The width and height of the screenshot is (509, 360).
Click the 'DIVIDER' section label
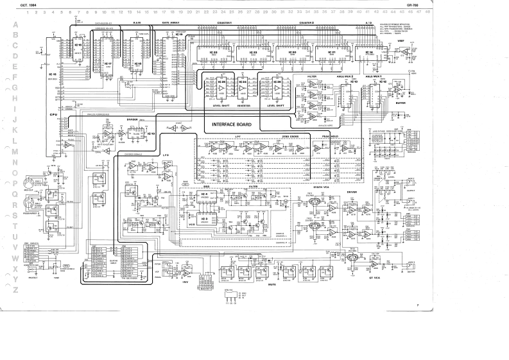coord(133,119)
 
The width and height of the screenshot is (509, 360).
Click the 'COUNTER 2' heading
coord(306,22)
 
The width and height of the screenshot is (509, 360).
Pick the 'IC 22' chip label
coord(214,52)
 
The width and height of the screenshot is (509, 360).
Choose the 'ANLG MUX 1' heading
coord(374,76)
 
